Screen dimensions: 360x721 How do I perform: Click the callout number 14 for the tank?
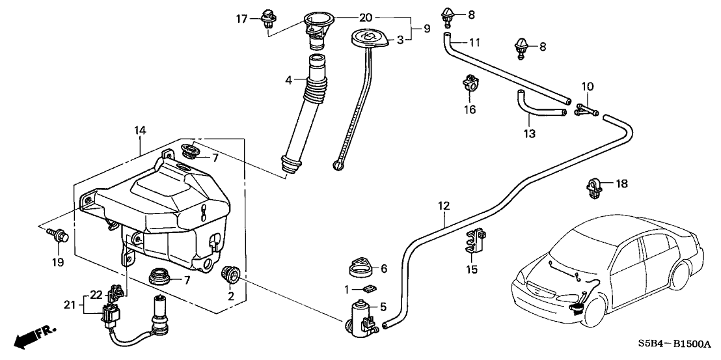pos(140,132)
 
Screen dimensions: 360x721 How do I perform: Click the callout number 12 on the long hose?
pos(444,206)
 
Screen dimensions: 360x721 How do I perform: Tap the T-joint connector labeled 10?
pos(586,111)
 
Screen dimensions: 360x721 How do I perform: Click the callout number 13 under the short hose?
pos(529,133)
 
